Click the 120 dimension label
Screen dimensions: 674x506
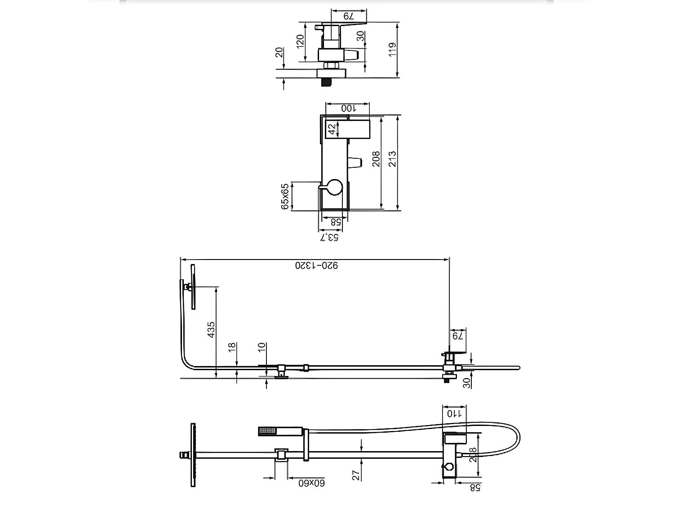pos(300,41)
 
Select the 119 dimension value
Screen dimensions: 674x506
pos(392,50)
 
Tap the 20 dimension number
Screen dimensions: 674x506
pos(279,53)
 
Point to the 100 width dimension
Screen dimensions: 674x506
pos(348,108)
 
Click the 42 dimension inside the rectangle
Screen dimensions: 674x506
pos(332,129)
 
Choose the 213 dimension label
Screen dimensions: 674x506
pos(392,159)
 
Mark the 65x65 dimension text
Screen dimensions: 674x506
pos(284,196)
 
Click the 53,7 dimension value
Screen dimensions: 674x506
pos(329,237)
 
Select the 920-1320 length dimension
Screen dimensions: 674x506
pos(316,265)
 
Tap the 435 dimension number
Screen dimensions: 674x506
pos(211,330)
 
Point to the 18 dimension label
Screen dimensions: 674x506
pos(232,347)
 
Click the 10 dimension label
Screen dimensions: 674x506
pos(262,347)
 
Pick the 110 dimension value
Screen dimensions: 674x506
pos(454,414)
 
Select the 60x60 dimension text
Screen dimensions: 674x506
pos(311,483)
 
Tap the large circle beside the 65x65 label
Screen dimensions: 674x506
pos(334,187)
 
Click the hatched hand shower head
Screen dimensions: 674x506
pos(267,431)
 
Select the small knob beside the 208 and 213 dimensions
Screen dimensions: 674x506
pos(355,163)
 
